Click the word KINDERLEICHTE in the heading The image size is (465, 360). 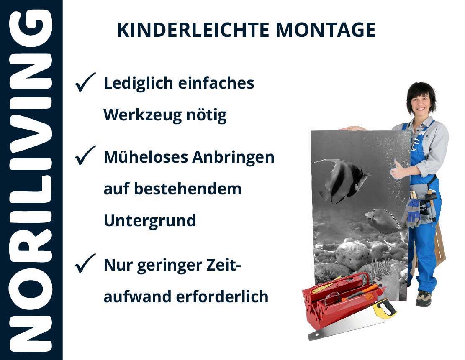pos(193,30)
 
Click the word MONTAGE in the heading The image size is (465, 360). pos(326,30)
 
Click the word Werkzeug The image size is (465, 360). pos(142,115)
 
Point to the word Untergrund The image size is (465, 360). pos(150,221)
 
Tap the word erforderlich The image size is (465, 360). pos(222,296)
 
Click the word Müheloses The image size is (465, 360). pos(146,157)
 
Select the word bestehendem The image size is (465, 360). pos(188,189)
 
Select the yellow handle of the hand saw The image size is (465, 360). pos(385,308)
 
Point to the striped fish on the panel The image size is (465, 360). pos(341,179)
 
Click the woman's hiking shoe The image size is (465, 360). pos(424,298)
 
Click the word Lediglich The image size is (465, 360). pos(139,84)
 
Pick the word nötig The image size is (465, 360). pos(206,115)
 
